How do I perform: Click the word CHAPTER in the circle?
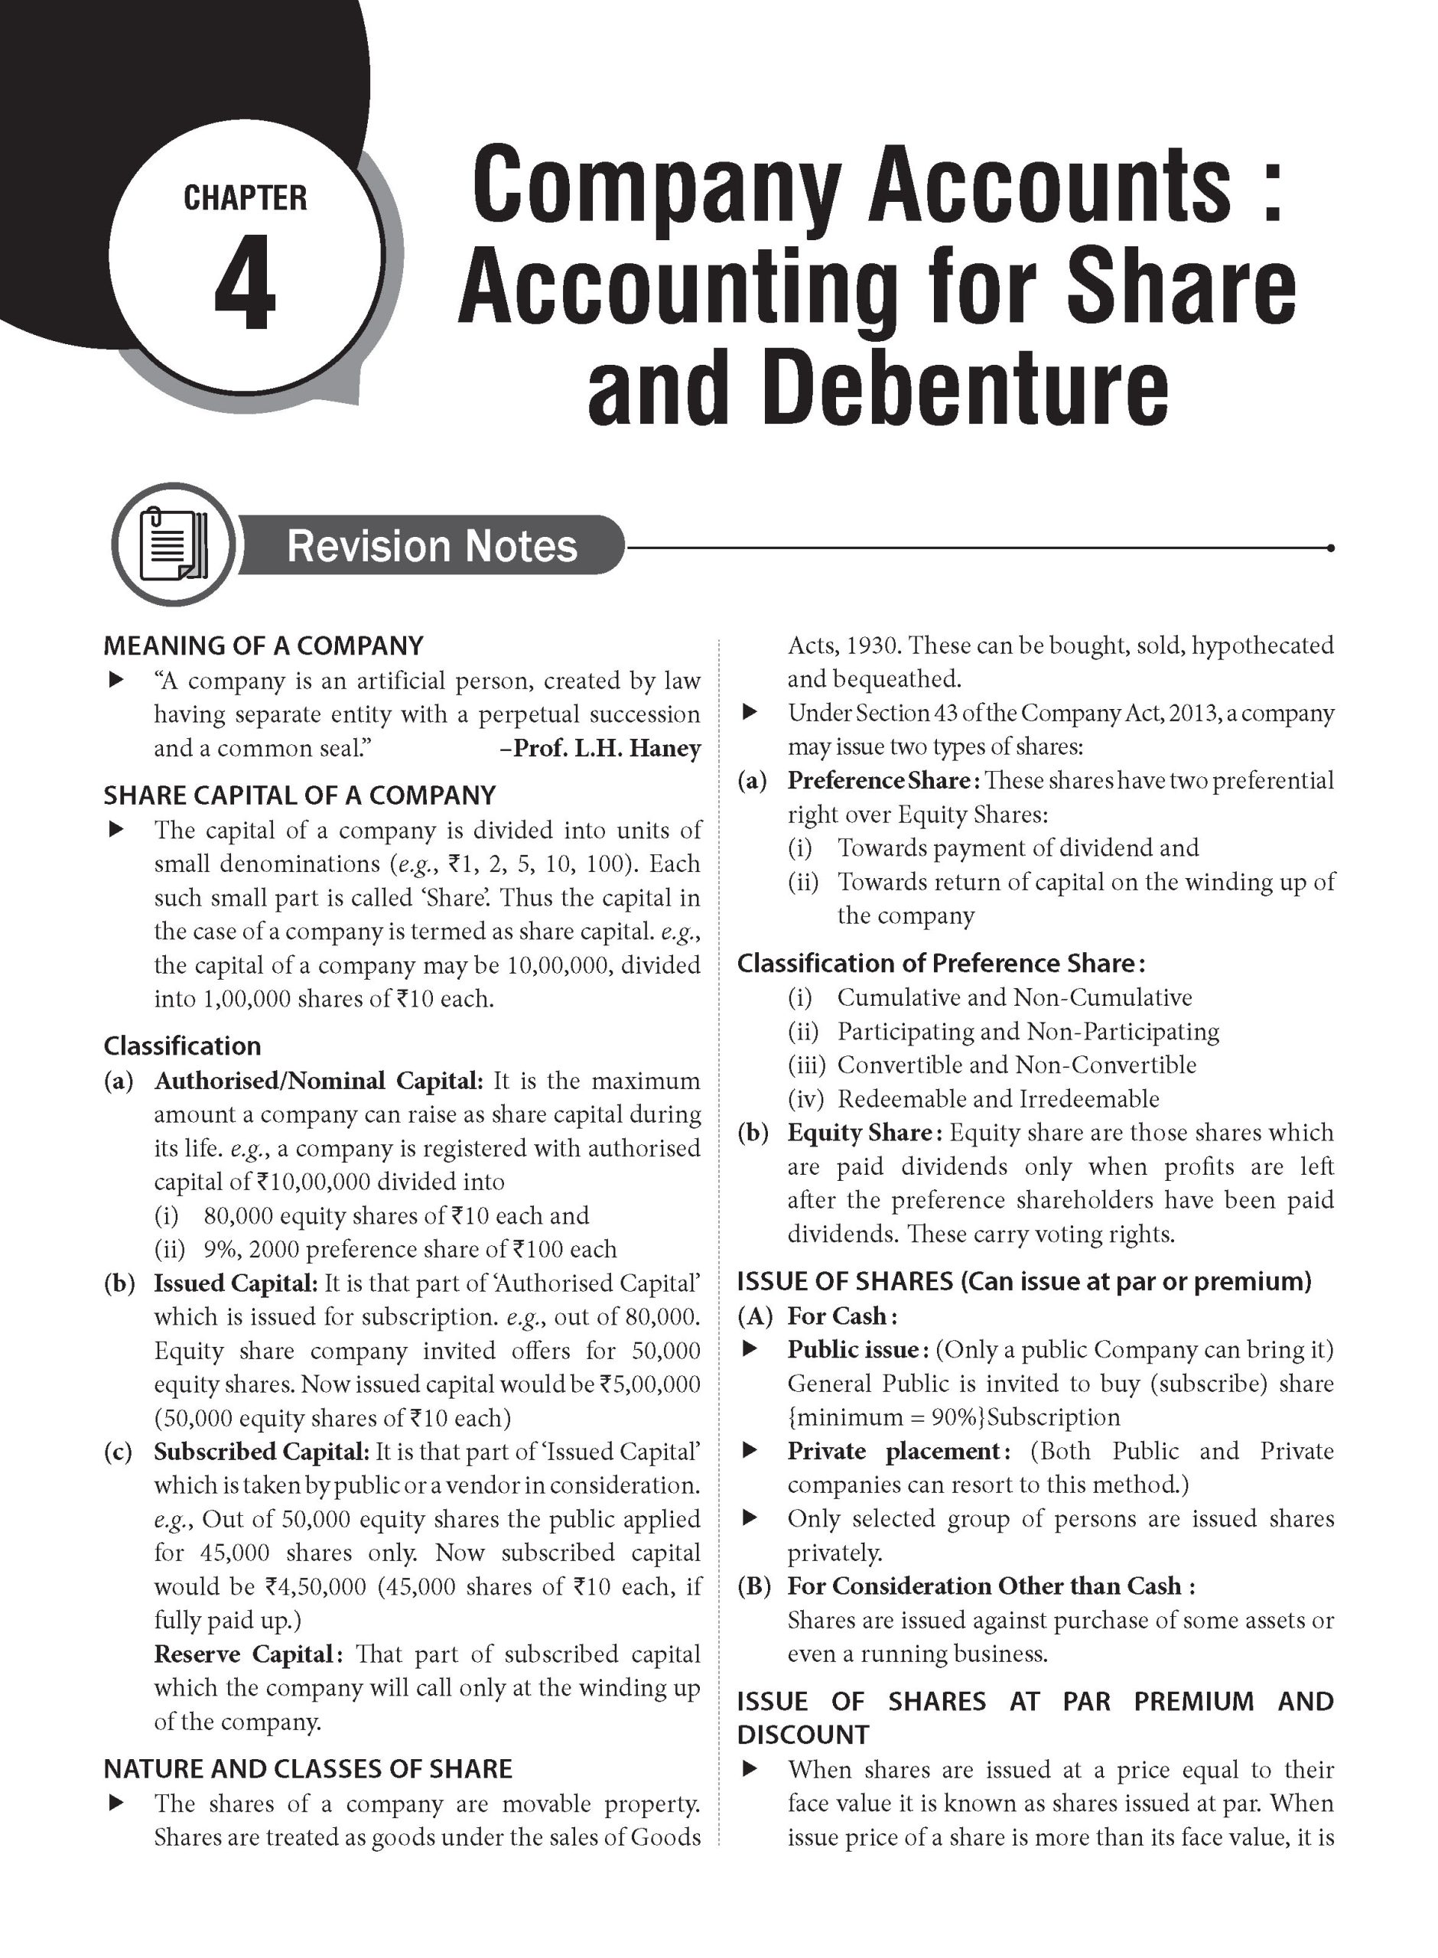point(246,198)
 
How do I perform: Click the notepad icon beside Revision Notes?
point(173,544)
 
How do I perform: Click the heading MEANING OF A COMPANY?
point(263,646)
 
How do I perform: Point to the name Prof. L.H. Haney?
point(607,748)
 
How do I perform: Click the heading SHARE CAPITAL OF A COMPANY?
point(299,795)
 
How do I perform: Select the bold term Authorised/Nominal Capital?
point(317,1081)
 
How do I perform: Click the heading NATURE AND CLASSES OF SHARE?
point(308,1769)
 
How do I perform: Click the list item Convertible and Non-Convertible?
point(1016,1065)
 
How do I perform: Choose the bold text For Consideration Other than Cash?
point(984,1586)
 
